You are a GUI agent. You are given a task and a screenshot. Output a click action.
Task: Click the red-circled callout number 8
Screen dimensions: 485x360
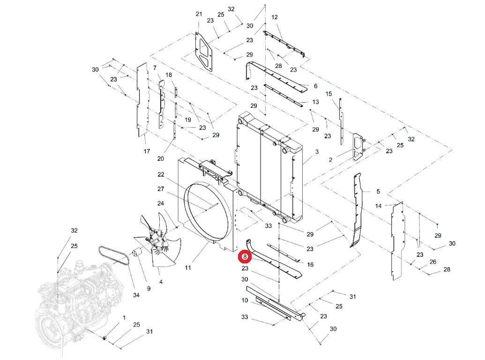tap(245, 257)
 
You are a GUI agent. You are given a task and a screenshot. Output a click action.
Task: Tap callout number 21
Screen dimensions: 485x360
tap(199, 14)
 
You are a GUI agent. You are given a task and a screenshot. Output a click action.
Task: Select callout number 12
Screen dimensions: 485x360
tap(274, 17)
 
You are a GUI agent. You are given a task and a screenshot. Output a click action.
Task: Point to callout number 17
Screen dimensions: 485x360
tap(147, 151)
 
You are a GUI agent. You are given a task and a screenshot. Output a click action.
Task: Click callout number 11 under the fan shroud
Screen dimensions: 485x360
tap(188, 268)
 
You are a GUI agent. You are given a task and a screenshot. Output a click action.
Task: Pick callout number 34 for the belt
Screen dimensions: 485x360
tap(136, 295)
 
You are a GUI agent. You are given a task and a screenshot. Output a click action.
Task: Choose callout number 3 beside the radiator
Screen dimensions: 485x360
tap(317, 152)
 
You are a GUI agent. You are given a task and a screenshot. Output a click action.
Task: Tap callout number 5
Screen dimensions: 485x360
tap(378, 192)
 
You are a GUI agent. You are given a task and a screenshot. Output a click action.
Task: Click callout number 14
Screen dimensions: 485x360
tap(378, 206)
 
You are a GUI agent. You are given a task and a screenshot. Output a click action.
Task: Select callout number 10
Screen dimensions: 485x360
tap(245, 300)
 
